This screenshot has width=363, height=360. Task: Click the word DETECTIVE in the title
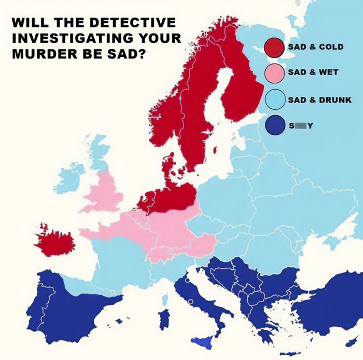pyautogui.click(x=137, y=23)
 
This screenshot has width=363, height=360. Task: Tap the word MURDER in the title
pyautogui.click(x=38, y=54)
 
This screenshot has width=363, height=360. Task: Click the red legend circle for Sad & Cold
pyautogui.click(x=273, y=47)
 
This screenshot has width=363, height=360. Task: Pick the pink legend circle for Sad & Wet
pyautogui.click(x=273, y=73)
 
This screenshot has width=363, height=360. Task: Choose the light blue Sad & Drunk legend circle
pyautogui.click(x=273, y=99)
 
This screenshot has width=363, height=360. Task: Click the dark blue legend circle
pyautogui.click(x=273, y=125)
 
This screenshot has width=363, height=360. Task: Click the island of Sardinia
pyautogui.click(x=164, y=318)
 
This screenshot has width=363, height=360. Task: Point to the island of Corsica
pyautogui.click(x=165, y=299)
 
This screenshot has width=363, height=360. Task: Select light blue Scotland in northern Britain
pyautogui.click(x=98, y=150)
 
